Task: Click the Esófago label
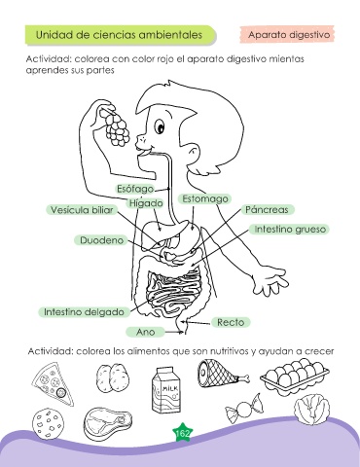pyautogui.click(x=135, y=189)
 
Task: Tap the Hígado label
pyautogui.click(x=146, y=203)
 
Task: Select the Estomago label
pyautogui.click(x=204, y=198)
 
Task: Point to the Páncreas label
pyautogui.click(x=267, y=209)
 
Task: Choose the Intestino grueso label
pyautogui.click(x=290, y=229)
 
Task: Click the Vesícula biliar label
pyautogui.click(x=82, y=210)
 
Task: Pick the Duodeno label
pyautogui.click(x=101, y=240)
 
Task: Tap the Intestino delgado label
pyautogui.click(x=84, y=312)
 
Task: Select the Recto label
pyautogui.click(x=231, y=322)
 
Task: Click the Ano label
pyautogui.click(x=145, y=332)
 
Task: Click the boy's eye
pyautogui.click(x=160, y=126)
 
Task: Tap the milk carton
pyautogui.click(x=166, y=390)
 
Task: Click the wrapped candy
pyautogui.click(x=243, y=409)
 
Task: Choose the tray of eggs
pyautogui.click(x=295, y=377)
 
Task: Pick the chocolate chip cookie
pyautogui.click(x=49, y=422)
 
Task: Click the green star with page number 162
pyautogui.click(x=182, y=433)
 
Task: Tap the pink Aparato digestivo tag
pyautogui.click(x=288, y=35)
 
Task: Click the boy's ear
pyautogui.click(x=194, y=152)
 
